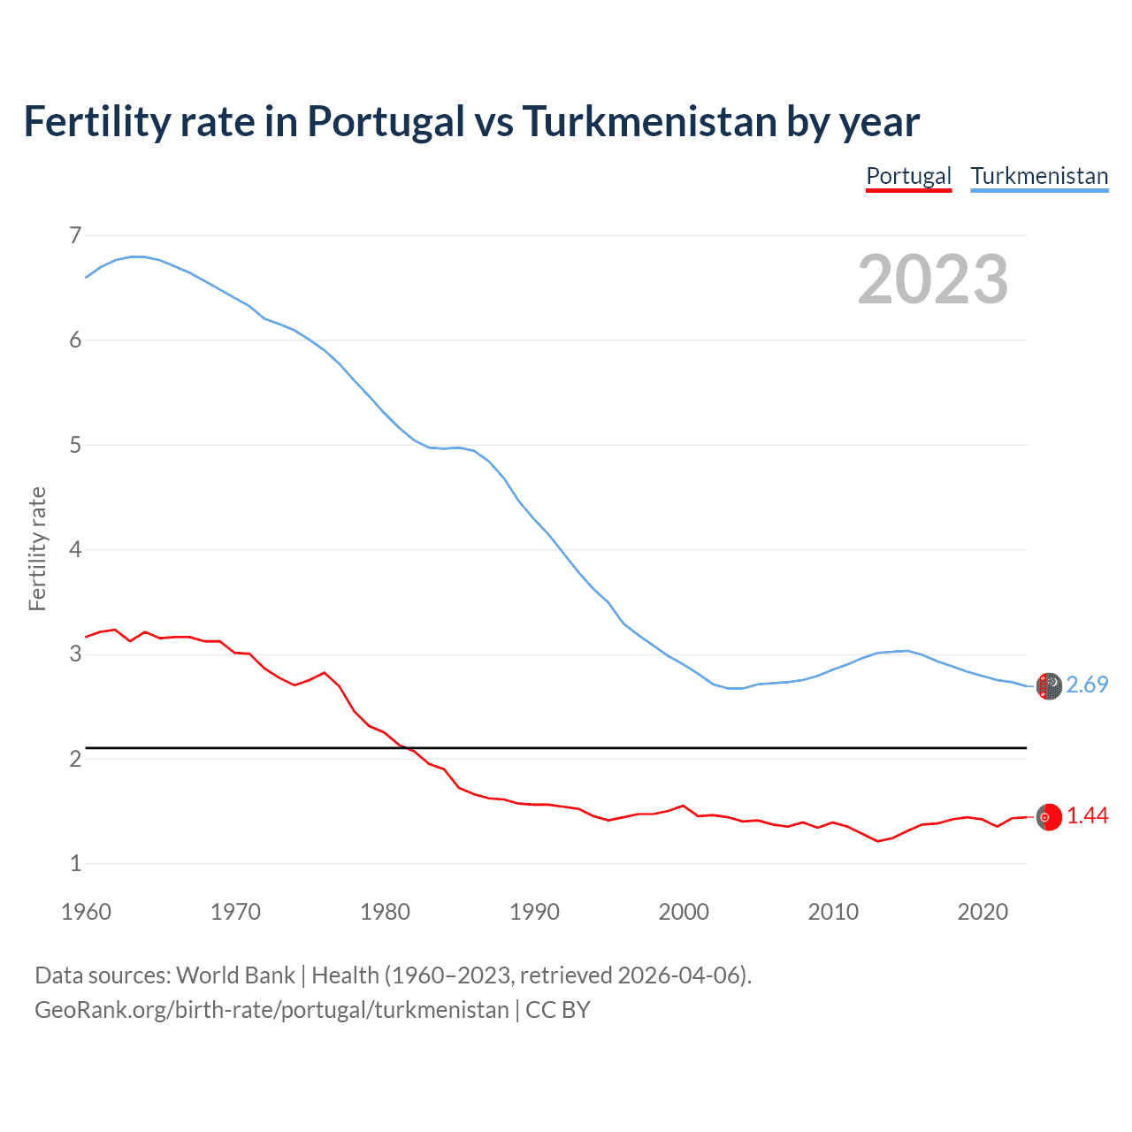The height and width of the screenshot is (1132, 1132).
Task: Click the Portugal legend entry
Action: point(908,176)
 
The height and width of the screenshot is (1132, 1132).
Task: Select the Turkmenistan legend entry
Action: point(1039,176)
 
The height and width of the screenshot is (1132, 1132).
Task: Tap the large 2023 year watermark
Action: point(933,279)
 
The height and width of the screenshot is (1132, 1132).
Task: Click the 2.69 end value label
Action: point(1087,685)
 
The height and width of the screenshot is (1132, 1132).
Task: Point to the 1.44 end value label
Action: point(1087,816)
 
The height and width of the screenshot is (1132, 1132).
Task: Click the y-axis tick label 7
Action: point(75,236)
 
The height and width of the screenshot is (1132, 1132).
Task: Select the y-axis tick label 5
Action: point(75,445)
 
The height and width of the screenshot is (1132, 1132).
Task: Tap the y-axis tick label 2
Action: point(75,760)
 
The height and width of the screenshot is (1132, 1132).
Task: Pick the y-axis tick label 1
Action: point(75,864)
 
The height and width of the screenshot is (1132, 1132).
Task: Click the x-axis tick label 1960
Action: point(86,912)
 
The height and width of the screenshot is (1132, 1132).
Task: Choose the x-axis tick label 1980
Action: point(385,912)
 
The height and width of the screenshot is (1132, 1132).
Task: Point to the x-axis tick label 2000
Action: point(684,912)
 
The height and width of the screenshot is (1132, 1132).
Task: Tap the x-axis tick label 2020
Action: point(983,912)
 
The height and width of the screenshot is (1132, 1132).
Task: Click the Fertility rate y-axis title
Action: point(37,549)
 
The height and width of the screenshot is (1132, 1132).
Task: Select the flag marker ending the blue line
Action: point(1049,686)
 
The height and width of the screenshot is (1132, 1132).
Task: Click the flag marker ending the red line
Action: point(1049,817)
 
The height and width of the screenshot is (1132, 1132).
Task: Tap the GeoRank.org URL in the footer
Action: point(272,1010)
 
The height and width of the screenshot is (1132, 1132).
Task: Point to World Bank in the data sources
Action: point(235,975)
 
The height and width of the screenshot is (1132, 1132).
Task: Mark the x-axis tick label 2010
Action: point(833,912)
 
